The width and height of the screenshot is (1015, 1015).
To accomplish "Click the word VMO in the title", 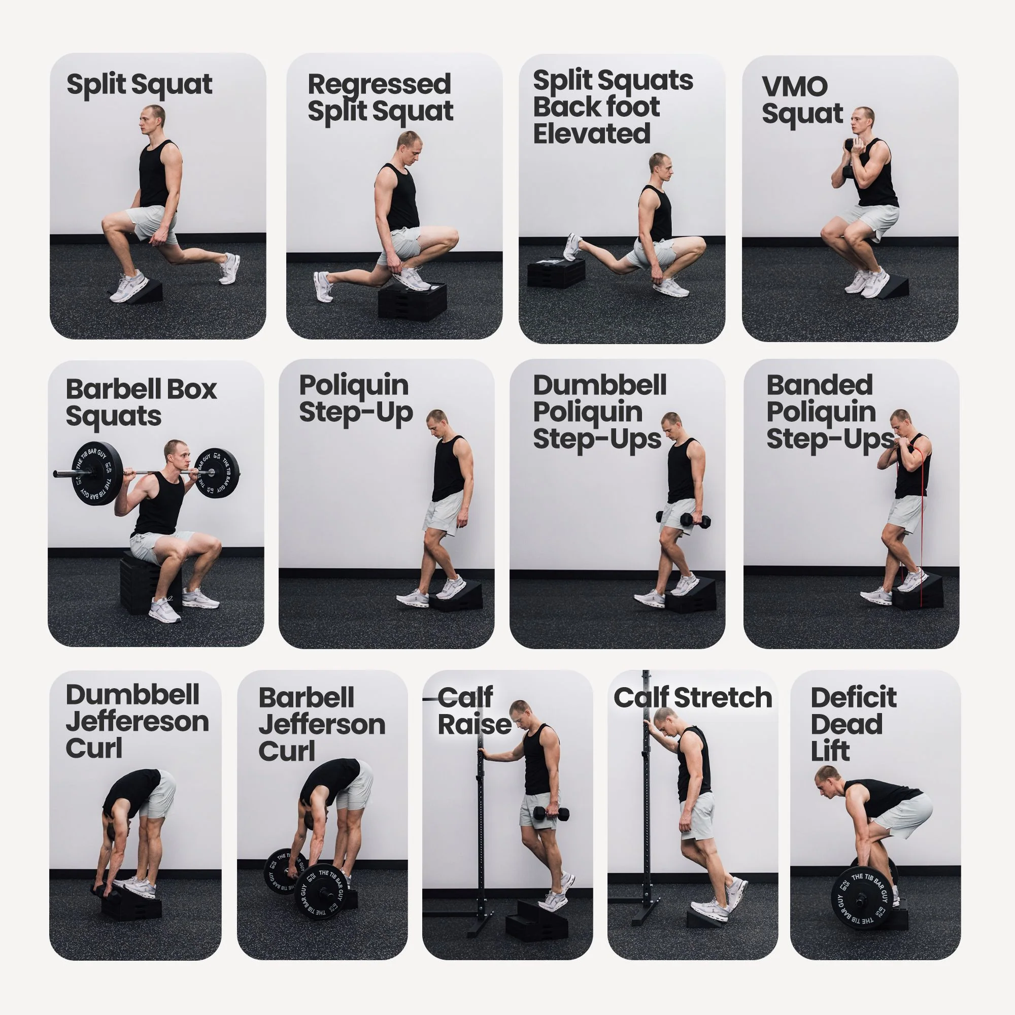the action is point(794,87).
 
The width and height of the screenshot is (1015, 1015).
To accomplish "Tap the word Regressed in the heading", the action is point(379,85).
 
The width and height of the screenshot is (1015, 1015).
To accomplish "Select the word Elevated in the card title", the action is point(592,133).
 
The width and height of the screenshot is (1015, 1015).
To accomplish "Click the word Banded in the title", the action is point(820,385).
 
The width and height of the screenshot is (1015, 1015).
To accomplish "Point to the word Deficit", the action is point(854,698).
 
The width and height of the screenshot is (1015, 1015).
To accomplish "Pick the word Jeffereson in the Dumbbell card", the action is point(138,721).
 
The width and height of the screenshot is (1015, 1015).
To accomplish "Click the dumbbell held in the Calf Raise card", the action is point(551,814).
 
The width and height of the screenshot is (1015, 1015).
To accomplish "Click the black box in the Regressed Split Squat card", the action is point(412,301).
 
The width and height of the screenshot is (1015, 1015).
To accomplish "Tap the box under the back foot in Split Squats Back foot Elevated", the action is point(556,272).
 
